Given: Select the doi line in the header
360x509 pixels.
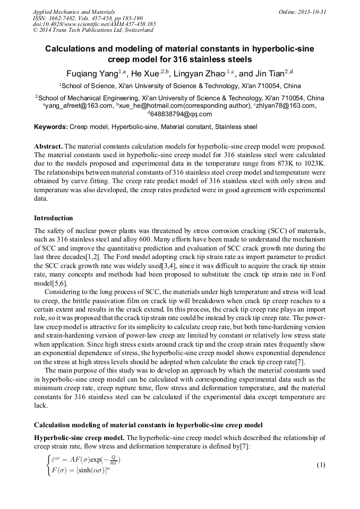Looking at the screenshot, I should coord(94,24).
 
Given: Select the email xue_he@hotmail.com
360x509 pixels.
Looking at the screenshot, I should coord(152,106).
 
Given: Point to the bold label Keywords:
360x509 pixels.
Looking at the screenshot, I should coord(51,127).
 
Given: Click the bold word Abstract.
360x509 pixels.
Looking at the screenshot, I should coord(48,146).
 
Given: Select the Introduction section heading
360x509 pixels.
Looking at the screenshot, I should coord(54,218).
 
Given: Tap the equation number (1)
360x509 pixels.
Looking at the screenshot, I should coord(321,465).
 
